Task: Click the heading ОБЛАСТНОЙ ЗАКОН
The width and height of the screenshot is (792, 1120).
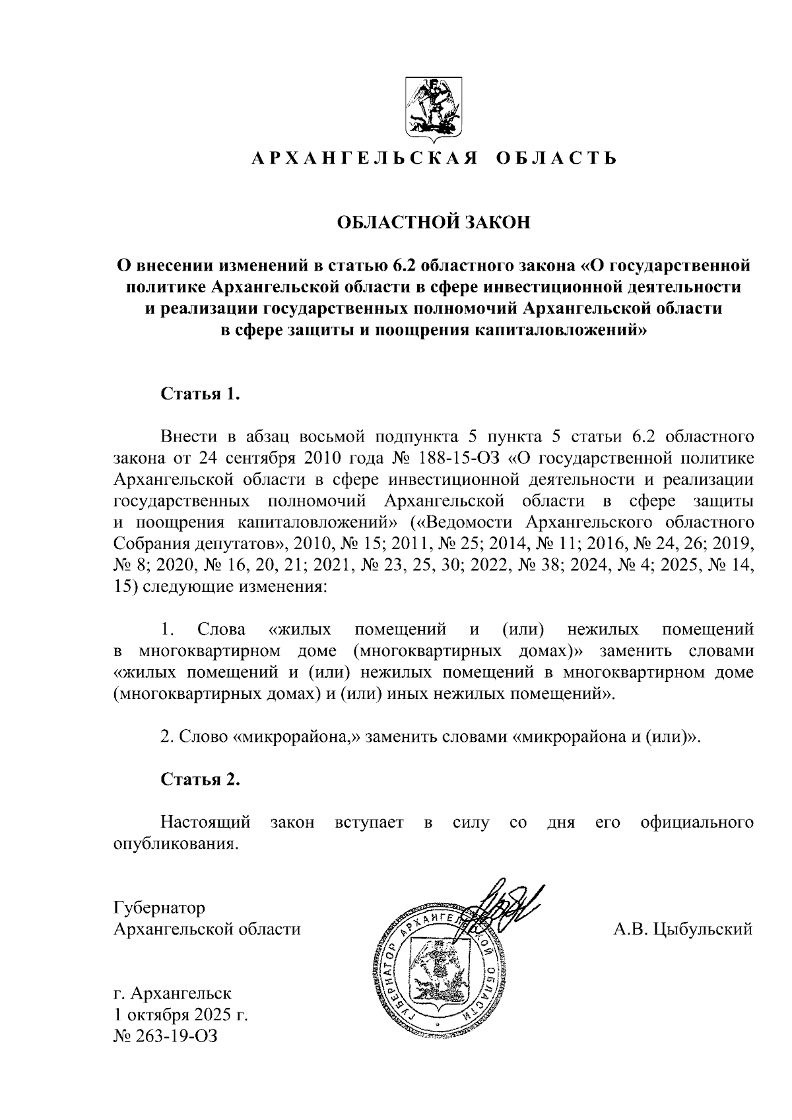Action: coord(434,222)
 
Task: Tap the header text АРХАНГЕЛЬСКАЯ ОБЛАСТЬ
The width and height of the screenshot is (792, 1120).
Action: coord(434,158)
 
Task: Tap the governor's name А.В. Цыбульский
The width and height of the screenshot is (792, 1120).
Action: coord(683,929)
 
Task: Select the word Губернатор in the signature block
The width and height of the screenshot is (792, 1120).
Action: coord(159,907)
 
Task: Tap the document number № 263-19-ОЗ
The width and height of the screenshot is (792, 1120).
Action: coord(166,1036)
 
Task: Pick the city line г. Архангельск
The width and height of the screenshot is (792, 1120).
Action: coord(173,993)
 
